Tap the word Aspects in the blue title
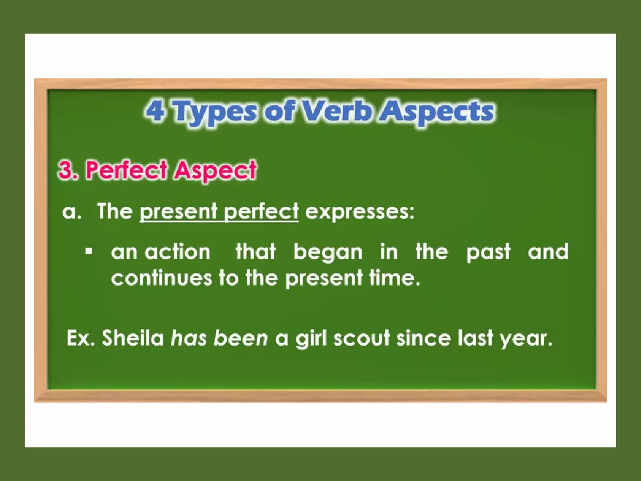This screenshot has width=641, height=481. [436, 112]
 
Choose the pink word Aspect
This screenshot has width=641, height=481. [216, 171]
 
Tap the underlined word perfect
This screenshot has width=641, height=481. [261, 212]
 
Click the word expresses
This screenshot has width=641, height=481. [360, 212]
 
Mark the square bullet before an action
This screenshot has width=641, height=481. [89, 251]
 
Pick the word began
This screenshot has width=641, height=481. [328, 252]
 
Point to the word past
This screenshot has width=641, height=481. [488, 252]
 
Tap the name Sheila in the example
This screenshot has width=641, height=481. [133, 338]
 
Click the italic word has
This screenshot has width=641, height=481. [188, 338]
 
